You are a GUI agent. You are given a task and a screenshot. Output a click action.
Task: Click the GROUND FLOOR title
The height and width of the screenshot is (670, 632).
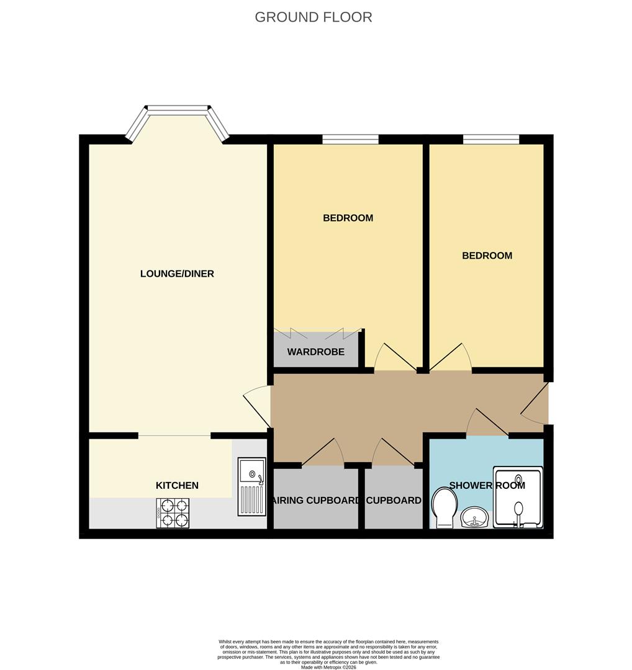pyautogui.click(x=314, y=17)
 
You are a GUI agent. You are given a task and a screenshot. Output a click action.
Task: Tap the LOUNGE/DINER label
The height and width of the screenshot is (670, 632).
pyautogui.click(x=177, y=274)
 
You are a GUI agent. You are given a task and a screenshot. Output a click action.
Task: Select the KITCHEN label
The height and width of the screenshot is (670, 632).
pyautogui.click(x=177, y=485)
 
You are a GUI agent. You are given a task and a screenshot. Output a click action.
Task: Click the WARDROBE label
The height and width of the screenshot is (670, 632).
pyautogui.click(x=315, y=352)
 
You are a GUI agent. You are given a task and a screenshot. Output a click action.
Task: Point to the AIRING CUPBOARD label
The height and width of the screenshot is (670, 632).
pyautogui.click(x=315, y=501)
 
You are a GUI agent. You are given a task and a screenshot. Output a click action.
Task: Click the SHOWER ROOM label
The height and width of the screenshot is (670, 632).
pyautogui.click(x=487, y=485)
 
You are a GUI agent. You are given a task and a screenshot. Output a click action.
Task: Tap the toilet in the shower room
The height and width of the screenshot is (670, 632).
pyautogui.click(x=445, y=508)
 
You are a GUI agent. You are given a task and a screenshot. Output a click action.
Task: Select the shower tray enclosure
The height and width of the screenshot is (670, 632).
pyautogui.click(x=518, y=497)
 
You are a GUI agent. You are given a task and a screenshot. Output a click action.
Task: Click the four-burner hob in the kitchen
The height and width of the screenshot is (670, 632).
pyautogui.click(x=173, y=513)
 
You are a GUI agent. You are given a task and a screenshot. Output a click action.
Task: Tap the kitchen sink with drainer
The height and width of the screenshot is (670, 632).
pyautogui.click(x=252, y=487)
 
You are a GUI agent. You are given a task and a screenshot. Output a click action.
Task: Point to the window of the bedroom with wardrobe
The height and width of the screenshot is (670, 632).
pyautogui.click(x=350, y=140)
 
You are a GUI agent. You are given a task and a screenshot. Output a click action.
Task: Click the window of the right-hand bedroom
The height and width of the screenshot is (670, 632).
pyautogui.click(x=491, y=140)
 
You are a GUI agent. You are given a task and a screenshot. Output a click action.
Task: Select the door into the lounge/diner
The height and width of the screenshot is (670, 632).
pyautogui.click(x=257, y=406)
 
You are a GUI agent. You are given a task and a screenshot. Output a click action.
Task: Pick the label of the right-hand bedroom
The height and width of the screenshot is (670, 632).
pyautogui.click(x=487, y=256)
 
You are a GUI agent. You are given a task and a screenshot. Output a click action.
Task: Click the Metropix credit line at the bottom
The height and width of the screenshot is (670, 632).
pyautogui.click(x=328, y=666)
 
